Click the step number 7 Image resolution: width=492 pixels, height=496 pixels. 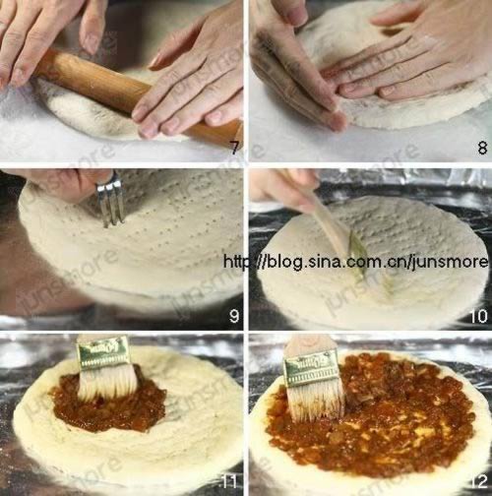[x=233, y=149]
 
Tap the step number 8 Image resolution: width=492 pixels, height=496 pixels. [x=480, y=149]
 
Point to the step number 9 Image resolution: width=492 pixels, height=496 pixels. [x=233, y=316]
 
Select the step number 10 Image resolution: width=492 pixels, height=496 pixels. [x=477, y=316]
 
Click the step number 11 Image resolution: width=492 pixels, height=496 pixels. [x=231, y=482]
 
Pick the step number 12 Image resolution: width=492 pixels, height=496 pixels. [x=477, y=482]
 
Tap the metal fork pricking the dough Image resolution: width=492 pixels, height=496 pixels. [x=112, y=200]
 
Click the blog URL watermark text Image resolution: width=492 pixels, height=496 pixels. [x=355, y=262]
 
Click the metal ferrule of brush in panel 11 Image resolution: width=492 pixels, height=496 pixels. [x=103, y=352]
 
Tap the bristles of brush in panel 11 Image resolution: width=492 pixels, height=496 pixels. [x=102, y=383]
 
